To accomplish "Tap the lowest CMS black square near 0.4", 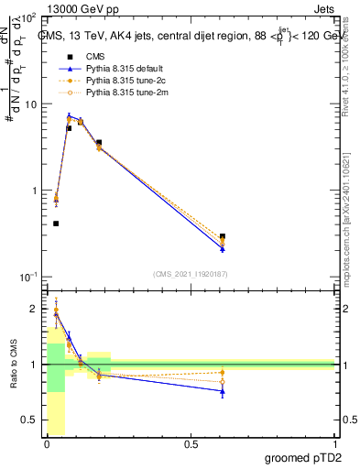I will pyautogui.click(x=56, y=224).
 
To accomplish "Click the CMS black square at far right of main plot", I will pyautogui.click(x=223, y=236).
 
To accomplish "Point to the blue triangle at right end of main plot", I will pyautogui.click(x=223, y=248).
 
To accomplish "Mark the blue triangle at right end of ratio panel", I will pyautogui.click(x=223, y=391).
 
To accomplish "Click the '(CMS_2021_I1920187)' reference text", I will pyautogui.click(x=190, y=272).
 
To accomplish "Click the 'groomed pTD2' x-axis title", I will pyautogui.click(x=304, y=457).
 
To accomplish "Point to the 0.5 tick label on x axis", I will pyautogui.click(x=191, y=444).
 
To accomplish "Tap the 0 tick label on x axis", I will pyautogui.click(x=48, y=444).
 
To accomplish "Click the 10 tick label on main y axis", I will pyautogui.click(x=29, y=104).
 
